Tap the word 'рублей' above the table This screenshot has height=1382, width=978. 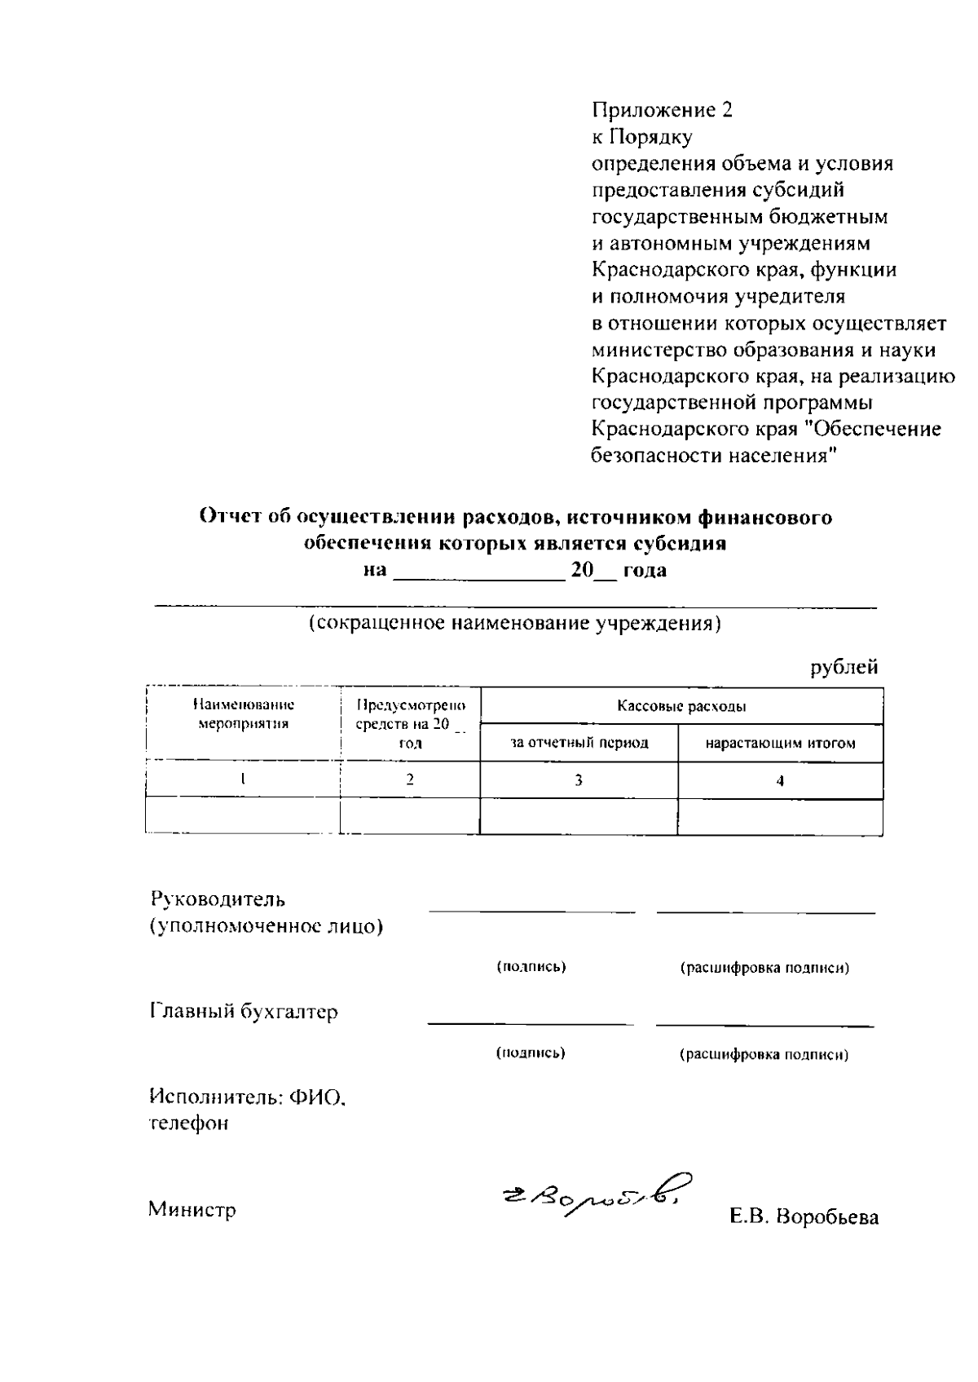tap(844, 667)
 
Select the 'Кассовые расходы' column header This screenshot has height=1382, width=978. tap(681, 706)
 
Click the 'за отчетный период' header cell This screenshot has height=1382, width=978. tap(579, 743)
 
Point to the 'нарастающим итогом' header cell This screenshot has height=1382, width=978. tap(780, 743)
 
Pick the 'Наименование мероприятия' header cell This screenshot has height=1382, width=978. tap(243, 714)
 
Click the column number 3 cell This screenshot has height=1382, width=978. tap(578, 780)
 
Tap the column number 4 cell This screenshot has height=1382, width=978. tap(780, 780)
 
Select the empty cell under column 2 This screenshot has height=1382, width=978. tap(409, 816)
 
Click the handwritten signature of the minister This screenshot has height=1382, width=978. tap(593, 1196)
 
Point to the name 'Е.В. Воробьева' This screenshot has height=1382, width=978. tap(804, 1218)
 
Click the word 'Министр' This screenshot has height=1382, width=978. tap(192, 1209)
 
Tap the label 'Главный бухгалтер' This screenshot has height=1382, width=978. tap(244, 1012)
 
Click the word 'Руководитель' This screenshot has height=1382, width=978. tap(218, 900)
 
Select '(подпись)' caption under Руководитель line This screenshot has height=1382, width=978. tap(531, 967)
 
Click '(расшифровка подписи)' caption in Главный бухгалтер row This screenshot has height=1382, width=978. tap(764, 1054)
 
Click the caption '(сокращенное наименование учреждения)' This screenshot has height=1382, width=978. tap(515, 624)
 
